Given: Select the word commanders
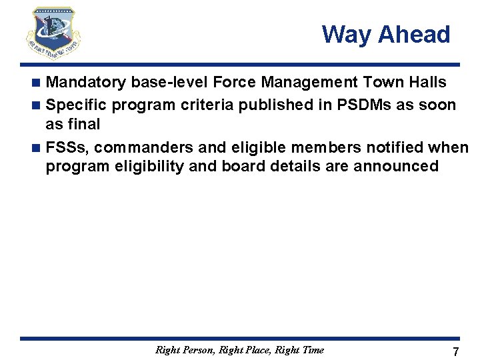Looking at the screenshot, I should (x=145, y=147).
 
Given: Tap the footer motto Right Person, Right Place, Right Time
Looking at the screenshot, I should (x=239, y=349).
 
